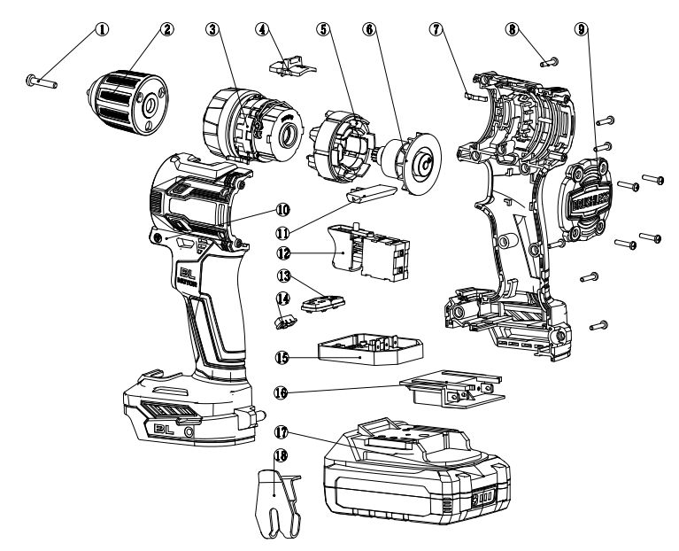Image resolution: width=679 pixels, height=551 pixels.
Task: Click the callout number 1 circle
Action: pos(104,29)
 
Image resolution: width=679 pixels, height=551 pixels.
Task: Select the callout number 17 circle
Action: pos(281,435)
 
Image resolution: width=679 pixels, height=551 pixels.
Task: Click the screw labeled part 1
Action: pos(41,83)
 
